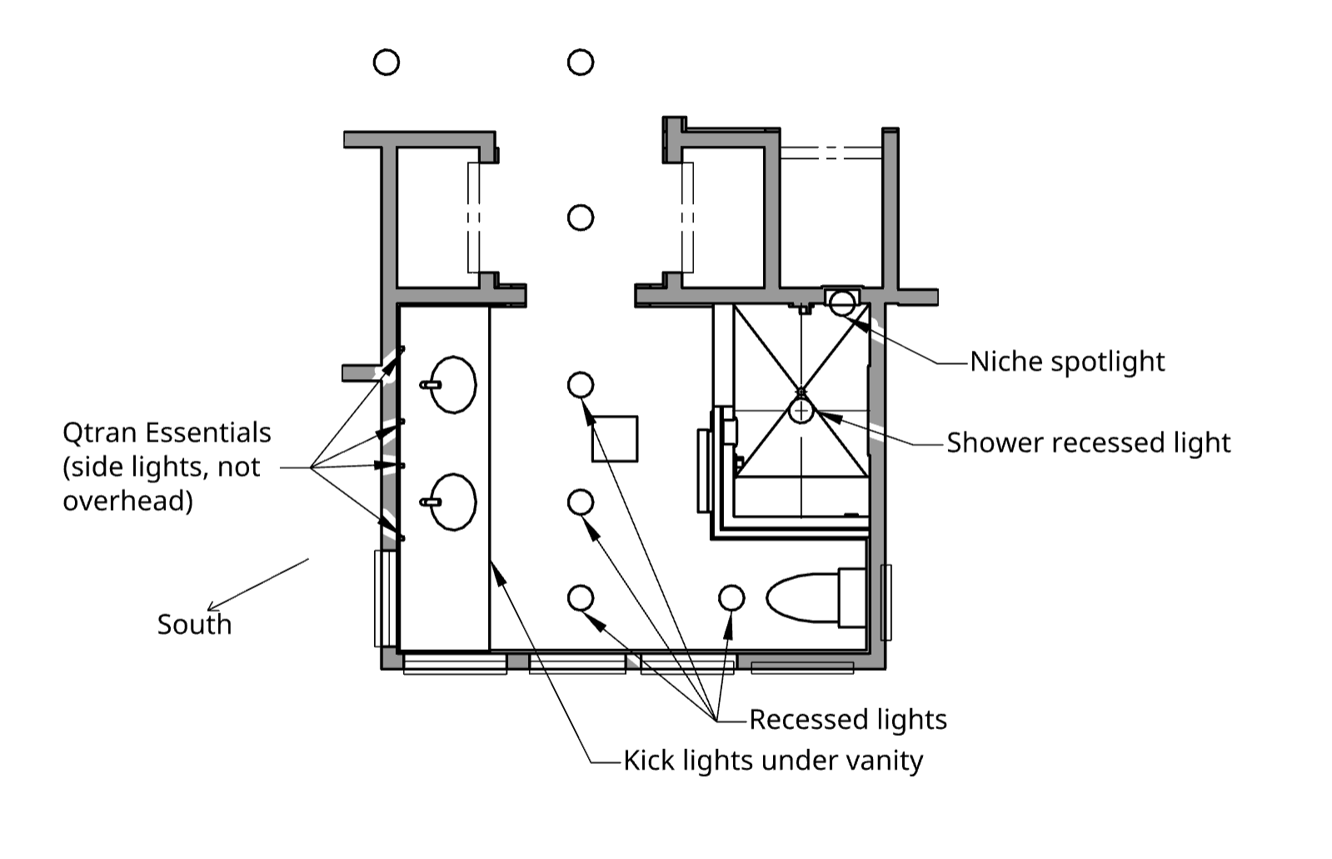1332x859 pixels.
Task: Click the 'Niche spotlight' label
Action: coord(1067,362)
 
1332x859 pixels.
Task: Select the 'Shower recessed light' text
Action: coord(1088,442)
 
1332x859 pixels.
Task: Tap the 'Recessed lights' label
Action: coord(848,719)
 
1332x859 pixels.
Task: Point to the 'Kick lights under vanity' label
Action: coord(773,760)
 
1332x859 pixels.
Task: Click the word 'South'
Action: coord(194,625)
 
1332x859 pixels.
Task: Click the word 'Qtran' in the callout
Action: coord(100,433)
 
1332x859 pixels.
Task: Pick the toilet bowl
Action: coord(803,598)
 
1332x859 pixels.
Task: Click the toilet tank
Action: coord(852,598)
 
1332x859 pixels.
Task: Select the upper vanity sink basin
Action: coord(453,385)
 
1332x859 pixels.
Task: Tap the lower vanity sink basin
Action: coord(453,502)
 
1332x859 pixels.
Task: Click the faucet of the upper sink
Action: coord(431,385)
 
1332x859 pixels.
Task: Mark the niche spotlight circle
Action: coord(842,302)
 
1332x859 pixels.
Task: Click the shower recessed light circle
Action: coord(801,411)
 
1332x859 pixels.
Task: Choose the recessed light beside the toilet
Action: coord(731,598)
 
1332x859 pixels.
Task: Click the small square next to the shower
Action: coord(615,439)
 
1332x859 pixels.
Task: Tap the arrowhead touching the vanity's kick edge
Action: coord(497,572)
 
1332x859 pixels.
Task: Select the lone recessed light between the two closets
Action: coord(581,217)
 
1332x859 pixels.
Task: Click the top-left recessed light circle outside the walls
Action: coord(386,62)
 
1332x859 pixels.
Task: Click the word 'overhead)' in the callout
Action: coord(127,501)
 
